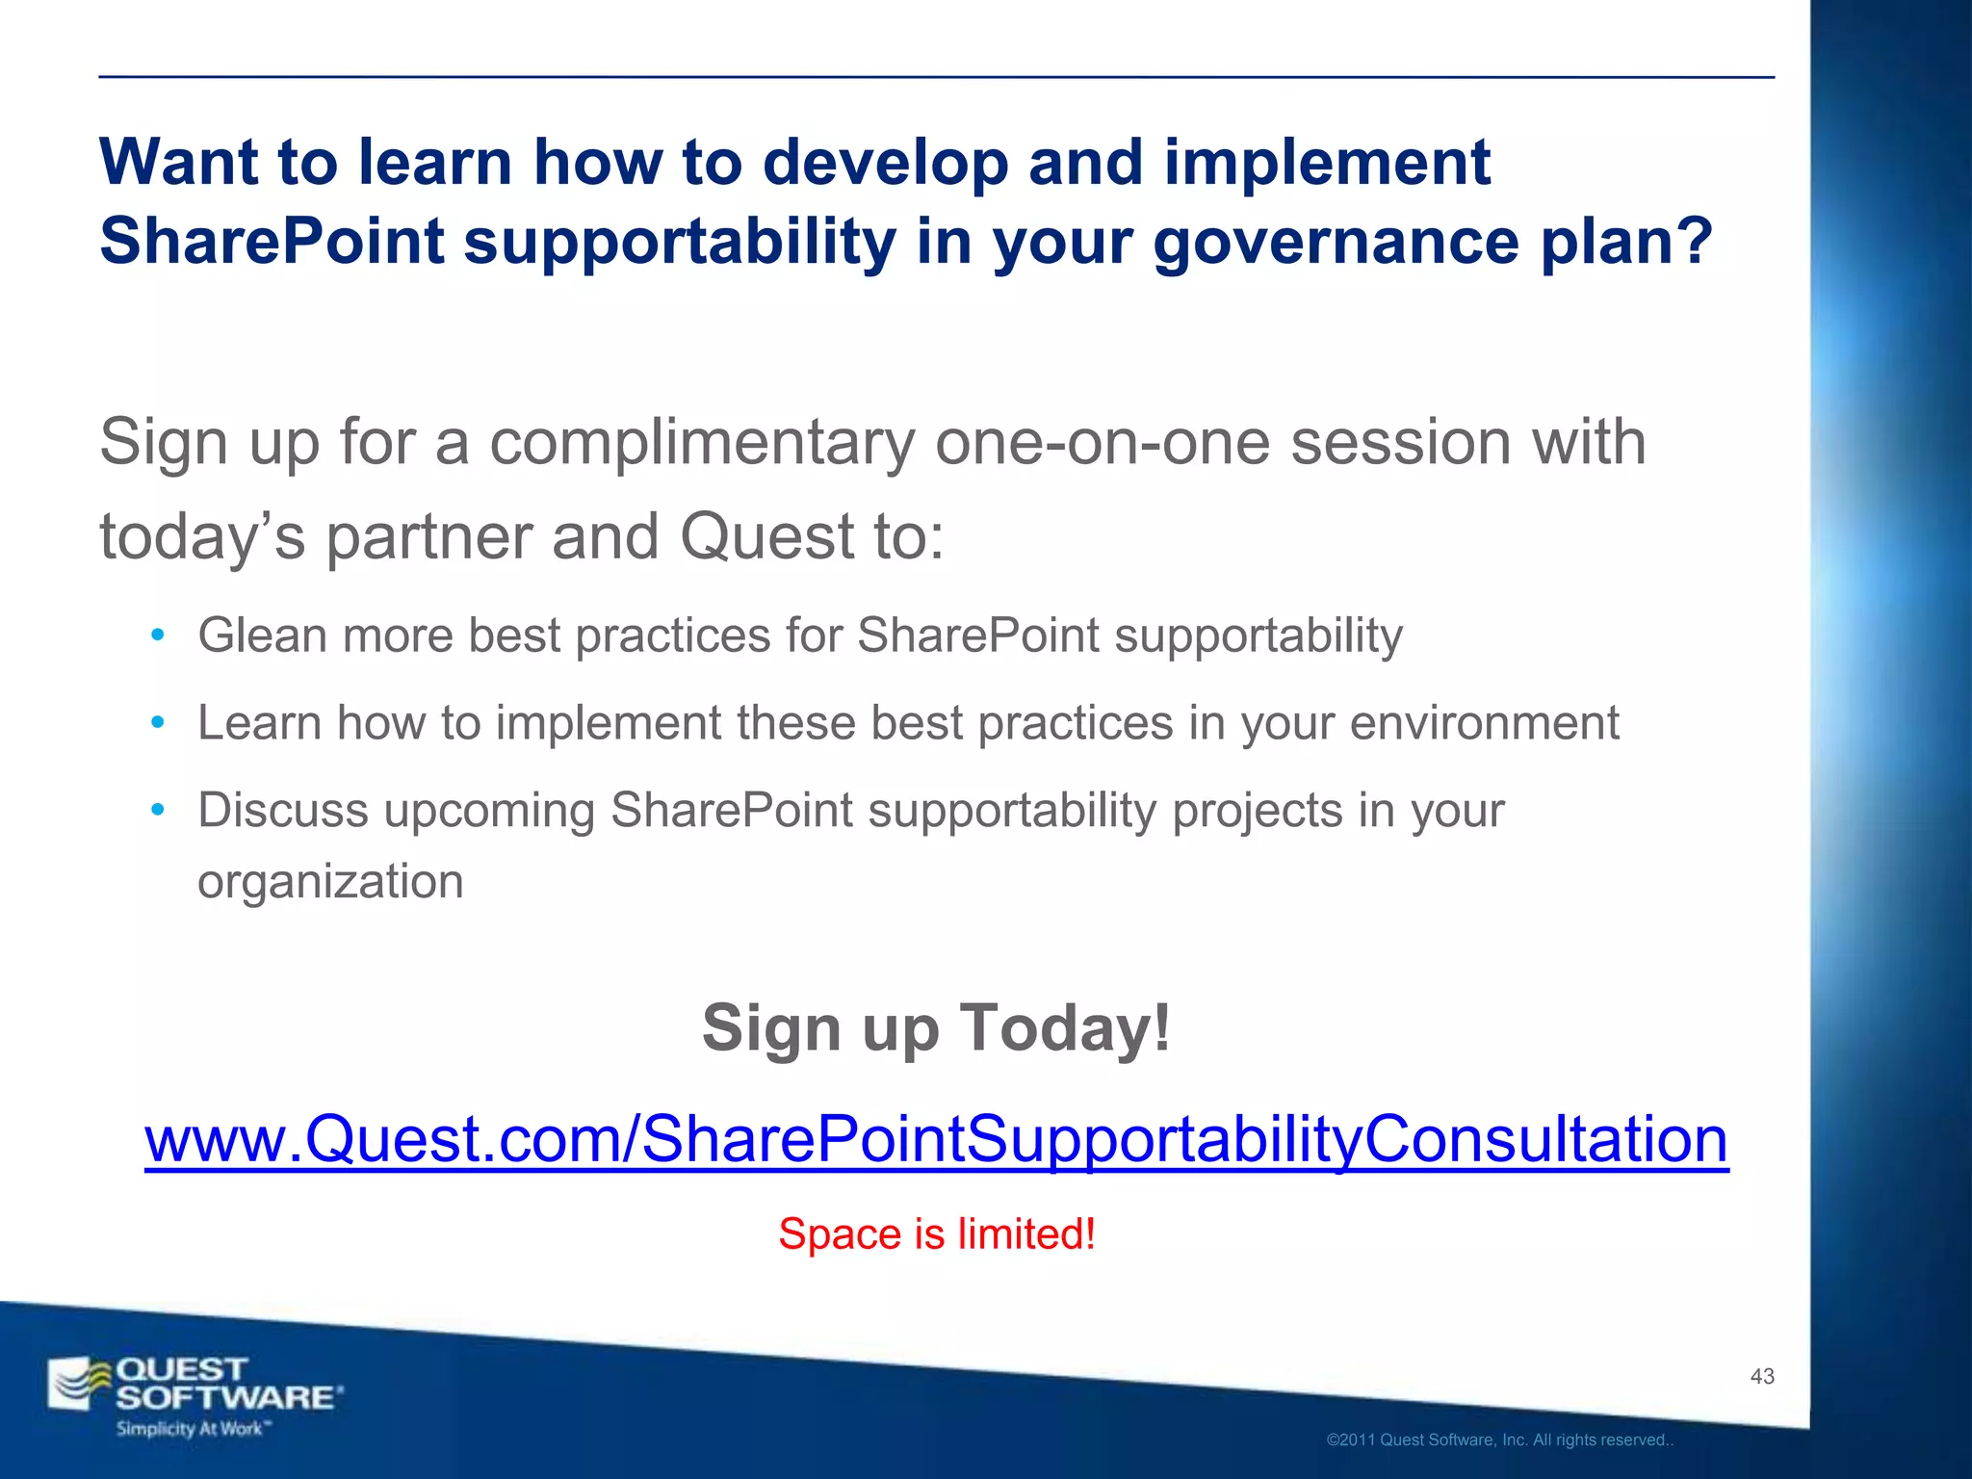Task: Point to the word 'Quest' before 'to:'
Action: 767,536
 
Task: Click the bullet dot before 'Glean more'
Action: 158,636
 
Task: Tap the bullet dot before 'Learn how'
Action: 158,723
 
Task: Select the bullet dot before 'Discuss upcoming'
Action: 158,811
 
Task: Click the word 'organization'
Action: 330,882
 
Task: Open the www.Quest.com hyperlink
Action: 936,1139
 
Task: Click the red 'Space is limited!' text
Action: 936,1234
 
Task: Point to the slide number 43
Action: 1761,1377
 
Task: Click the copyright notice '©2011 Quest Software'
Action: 1498,1440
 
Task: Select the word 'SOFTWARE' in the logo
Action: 225,1398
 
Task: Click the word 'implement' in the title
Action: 1327,162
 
